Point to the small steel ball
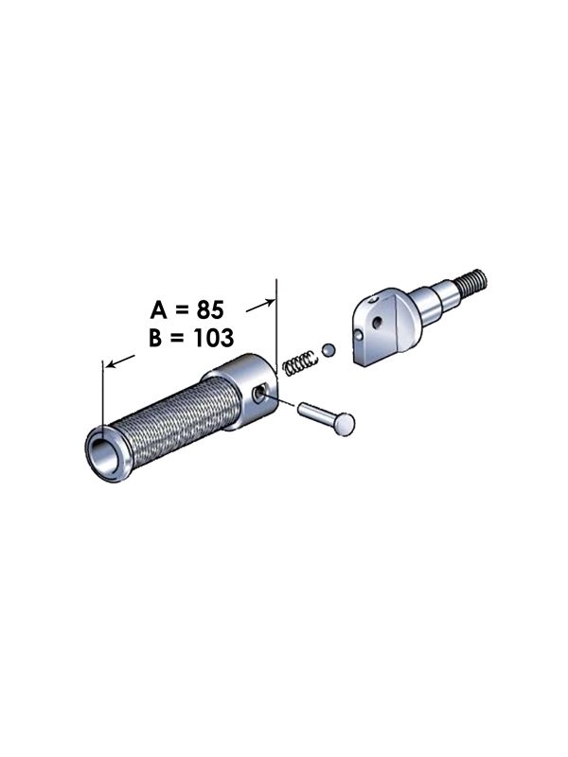coord(327,351)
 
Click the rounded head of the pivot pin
coord(346,425)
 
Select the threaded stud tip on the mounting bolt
coord(472,280)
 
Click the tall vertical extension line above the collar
coord(275,322)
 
